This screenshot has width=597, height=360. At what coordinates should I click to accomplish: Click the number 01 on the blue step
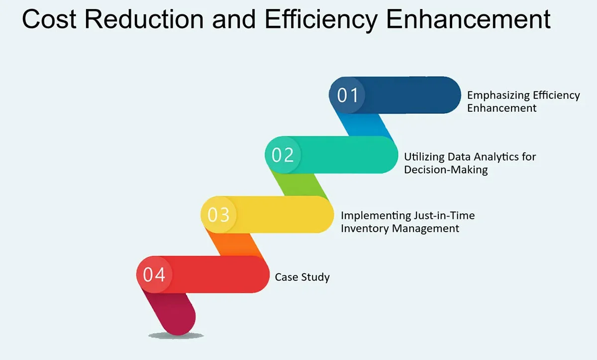[x=348, y=95]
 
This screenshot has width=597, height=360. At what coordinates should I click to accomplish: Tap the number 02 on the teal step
[x=283, y=155]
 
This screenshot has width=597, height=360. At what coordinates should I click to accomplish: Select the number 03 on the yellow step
[x=218, y=215]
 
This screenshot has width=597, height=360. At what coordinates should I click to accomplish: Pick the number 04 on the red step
[x=154, y=274]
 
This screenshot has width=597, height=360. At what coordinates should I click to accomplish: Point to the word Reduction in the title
[x=143, y=20]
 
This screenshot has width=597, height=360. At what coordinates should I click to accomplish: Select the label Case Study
[x=302, y=277]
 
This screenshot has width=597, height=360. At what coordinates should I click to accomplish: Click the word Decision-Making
[x=446, y=170]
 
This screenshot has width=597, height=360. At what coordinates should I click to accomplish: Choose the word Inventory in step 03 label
[x=365, y=229]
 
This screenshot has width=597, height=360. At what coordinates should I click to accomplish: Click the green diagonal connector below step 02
[x=301, y=184]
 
